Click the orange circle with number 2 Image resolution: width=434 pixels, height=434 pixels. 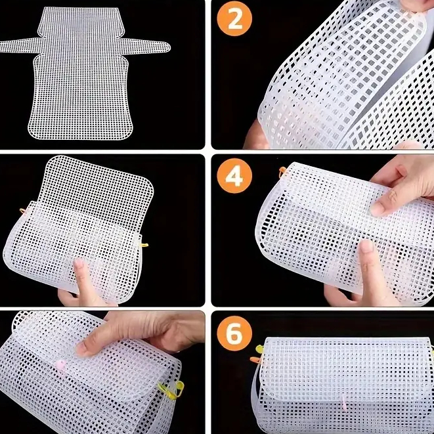(234, 22)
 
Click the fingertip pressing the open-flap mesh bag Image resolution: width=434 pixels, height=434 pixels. (78, 267)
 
